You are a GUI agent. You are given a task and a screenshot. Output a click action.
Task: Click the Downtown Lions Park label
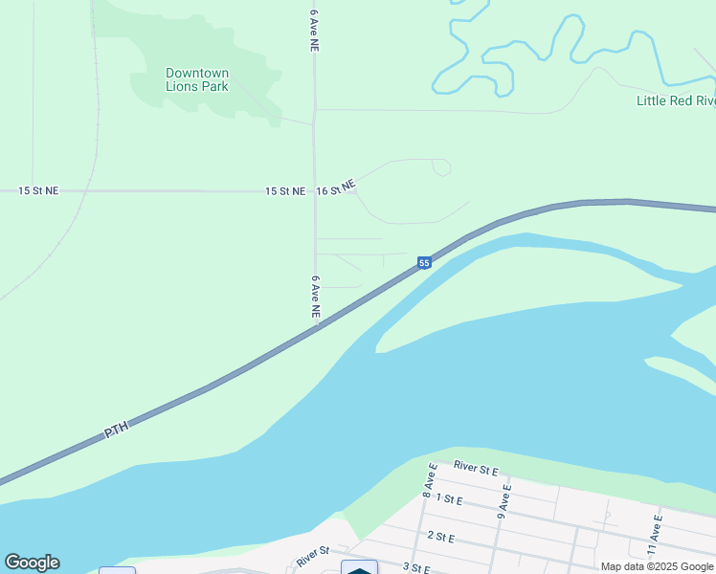click(197, 79)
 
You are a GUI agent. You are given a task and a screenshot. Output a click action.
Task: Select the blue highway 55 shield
click(424, 262)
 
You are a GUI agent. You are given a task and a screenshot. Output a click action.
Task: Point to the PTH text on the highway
click(116, 431)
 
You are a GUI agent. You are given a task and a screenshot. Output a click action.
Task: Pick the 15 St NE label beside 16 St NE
click(285, 191)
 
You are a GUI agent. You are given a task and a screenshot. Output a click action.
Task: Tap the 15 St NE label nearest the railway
click(38, 191)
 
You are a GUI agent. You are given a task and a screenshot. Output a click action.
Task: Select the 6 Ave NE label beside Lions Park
click(314, 30)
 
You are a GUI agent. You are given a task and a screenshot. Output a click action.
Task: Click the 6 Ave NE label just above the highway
click(315, 297)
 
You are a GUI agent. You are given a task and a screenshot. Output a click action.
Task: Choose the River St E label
click(476, 469)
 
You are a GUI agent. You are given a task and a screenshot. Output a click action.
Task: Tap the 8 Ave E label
click(430, 478)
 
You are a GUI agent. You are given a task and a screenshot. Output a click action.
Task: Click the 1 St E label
click(448, 498)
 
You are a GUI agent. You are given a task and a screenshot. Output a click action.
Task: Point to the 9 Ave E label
click(503, 500)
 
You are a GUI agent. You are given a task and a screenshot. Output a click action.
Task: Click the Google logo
click(32, 563)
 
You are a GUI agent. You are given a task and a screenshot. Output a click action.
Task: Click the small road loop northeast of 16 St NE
click(441, 167)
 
